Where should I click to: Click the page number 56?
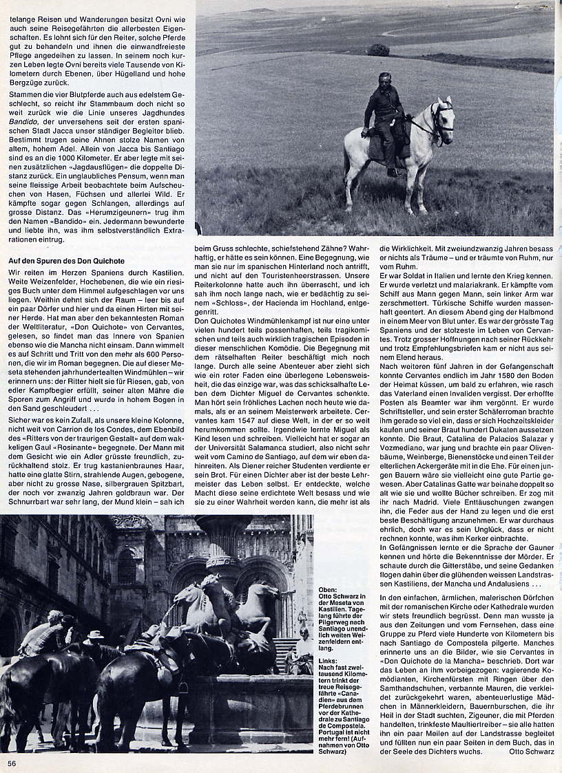(x=12, y=763)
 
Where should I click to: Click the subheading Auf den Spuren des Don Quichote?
(x=66, y=261)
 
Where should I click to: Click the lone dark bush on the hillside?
(x=377, y=50)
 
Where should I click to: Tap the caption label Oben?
(x=329, y=591)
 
